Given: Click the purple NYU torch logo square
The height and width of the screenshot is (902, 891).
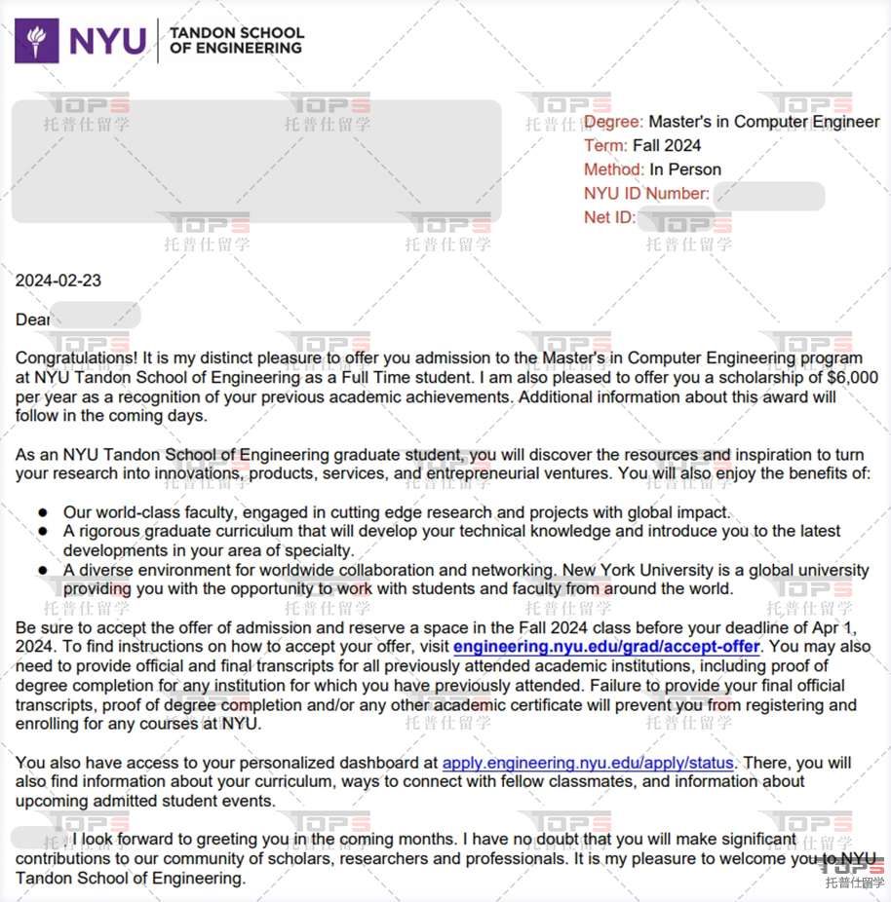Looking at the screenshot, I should click(36, 41).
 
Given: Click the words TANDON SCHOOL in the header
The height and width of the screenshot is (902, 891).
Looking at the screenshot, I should click(236, 32).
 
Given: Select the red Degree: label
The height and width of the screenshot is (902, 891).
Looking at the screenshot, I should click(613, 122).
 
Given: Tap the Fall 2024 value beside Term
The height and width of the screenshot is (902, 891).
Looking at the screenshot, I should click(667, 146).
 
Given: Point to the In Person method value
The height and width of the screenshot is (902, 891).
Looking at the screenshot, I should click(685, 169).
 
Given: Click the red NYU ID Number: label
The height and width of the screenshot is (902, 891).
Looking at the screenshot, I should click(646, 194).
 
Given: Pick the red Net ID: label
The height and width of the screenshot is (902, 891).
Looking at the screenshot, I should click(609, 217).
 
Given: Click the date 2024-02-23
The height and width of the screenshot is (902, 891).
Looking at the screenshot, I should click(58, 282).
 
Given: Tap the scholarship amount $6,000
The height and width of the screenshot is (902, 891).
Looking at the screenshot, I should click(852, 378).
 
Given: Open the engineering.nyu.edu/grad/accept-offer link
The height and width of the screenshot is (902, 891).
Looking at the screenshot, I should click(606, 647).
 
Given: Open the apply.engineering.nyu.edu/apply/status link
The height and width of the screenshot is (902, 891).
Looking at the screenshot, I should click(587, 763).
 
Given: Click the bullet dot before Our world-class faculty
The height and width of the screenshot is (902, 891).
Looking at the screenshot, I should click(43, 512).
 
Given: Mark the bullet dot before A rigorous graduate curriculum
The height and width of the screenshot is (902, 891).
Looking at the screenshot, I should click(43, 532).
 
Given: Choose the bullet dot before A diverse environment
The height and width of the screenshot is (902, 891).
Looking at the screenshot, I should click(43, 570).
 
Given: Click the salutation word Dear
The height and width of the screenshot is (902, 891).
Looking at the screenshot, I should click(32, 319).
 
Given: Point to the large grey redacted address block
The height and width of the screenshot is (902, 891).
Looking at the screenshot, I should click(255, 161).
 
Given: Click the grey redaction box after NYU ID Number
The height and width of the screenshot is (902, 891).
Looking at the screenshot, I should click(768, 195).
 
